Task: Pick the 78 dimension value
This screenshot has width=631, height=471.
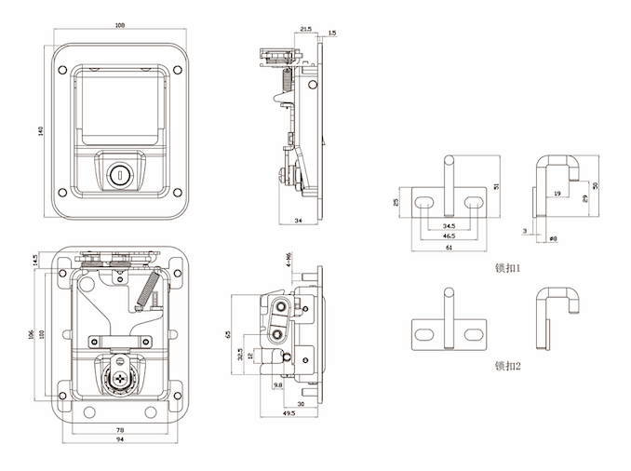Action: [120, 429]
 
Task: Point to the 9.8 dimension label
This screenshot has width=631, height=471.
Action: [277, 384]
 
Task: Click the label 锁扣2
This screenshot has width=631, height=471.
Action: [507, 366]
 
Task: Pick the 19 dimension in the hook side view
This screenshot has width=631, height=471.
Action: [557, 194]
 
